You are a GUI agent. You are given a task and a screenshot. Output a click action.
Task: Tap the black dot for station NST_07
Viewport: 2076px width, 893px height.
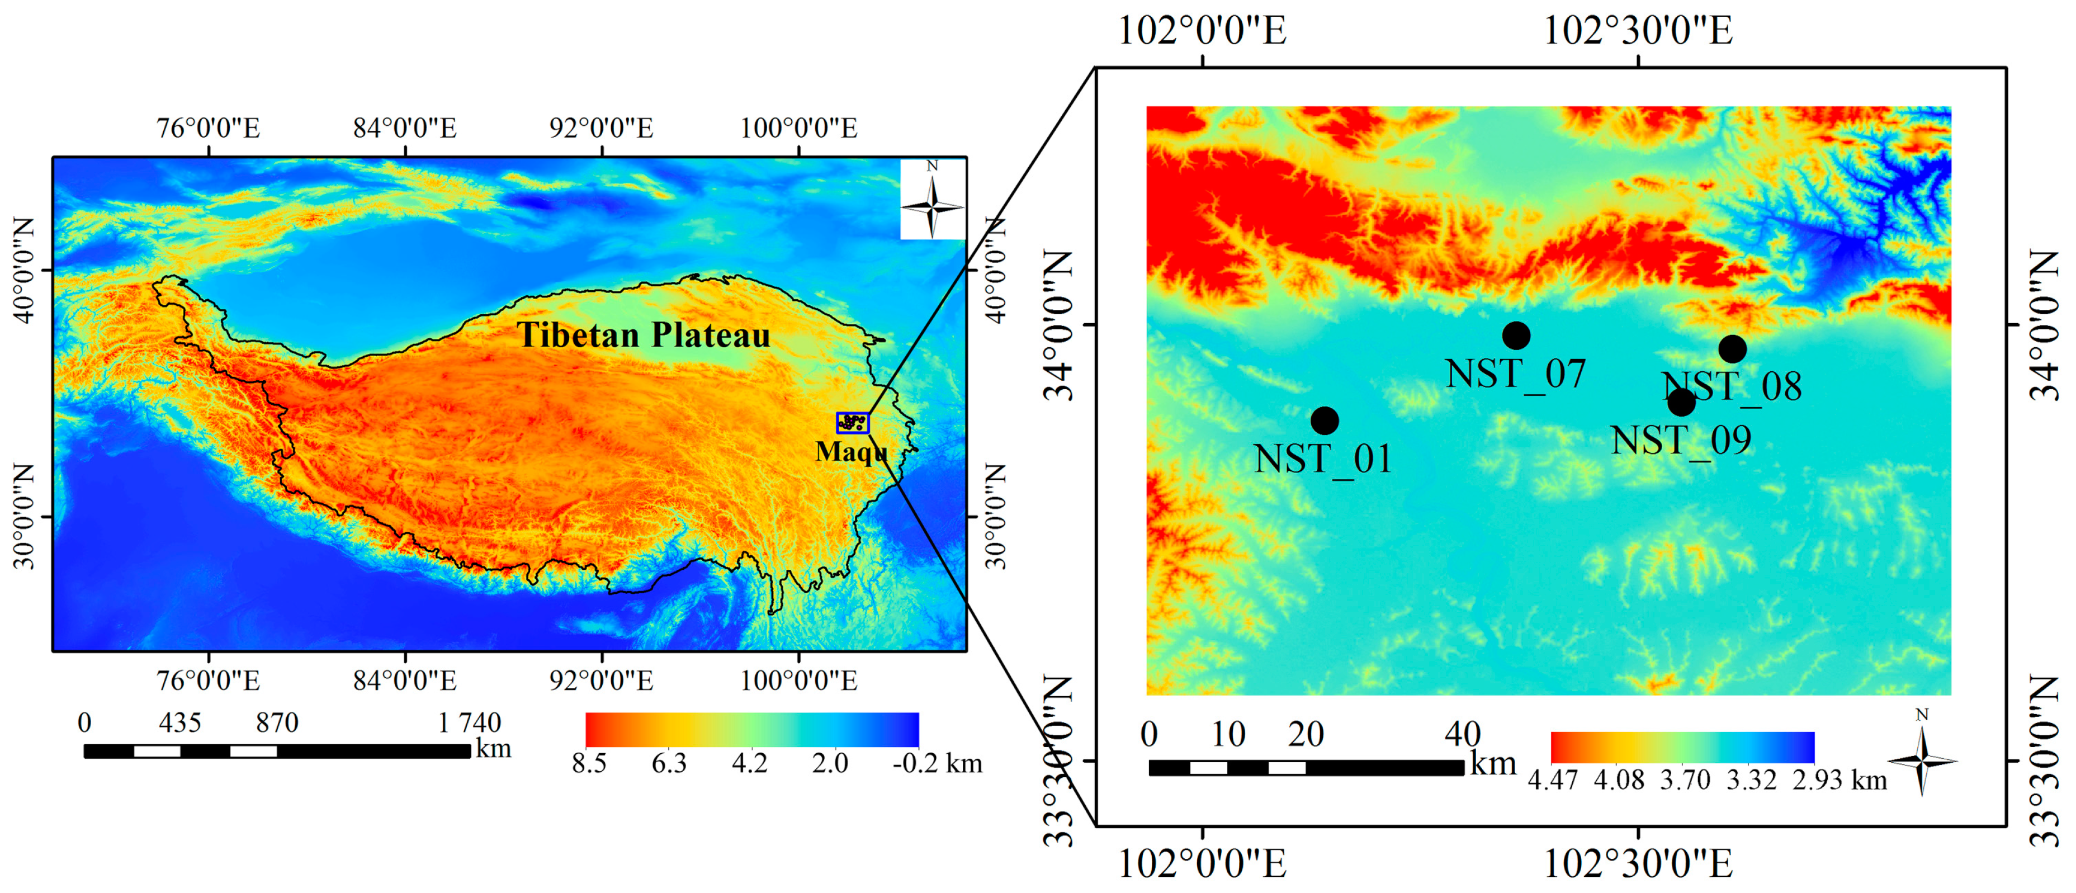click(x=1516, y=336)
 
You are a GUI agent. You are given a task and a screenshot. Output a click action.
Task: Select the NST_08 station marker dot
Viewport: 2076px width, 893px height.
click(x=1732, y=349)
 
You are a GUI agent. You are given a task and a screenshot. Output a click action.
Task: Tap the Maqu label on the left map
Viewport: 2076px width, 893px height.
click(x=851, y=451)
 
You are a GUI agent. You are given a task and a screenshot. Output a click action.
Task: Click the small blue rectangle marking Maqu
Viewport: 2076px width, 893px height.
click(x=853, y=422)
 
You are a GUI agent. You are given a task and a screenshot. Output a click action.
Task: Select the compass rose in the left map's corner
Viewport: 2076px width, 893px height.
click(x=933, y=199)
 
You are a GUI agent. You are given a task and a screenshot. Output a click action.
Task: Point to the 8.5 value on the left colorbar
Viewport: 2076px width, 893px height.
click(x=589, y=763)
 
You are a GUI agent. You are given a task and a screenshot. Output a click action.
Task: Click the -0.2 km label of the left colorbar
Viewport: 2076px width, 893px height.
click(x=937, y=763)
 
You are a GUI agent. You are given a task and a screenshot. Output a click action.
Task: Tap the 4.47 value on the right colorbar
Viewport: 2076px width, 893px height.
click(x=1552, y=780)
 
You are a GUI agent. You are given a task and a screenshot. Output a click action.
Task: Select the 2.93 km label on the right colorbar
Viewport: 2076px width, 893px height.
click(x=1839, y=780)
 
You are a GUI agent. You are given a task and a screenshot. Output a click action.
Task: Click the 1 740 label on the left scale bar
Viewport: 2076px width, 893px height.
click(x=469, y=722)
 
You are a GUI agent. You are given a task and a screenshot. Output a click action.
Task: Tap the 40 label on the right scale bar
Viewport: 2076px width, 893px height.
click(x=1462, y=734)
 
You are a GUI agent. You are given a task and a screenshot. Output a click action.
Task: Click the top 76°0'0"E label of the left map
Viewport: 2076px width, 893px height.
click(x=208, y=128)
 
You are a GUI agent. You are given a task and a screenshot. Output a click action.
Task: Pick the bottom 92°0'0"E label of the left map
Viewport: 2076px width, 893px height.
click(x=601, y=681)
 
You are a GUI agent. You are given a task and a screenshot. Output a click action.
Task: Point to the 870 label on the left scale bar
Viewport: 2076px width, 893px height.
click(x=277, y=722)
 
